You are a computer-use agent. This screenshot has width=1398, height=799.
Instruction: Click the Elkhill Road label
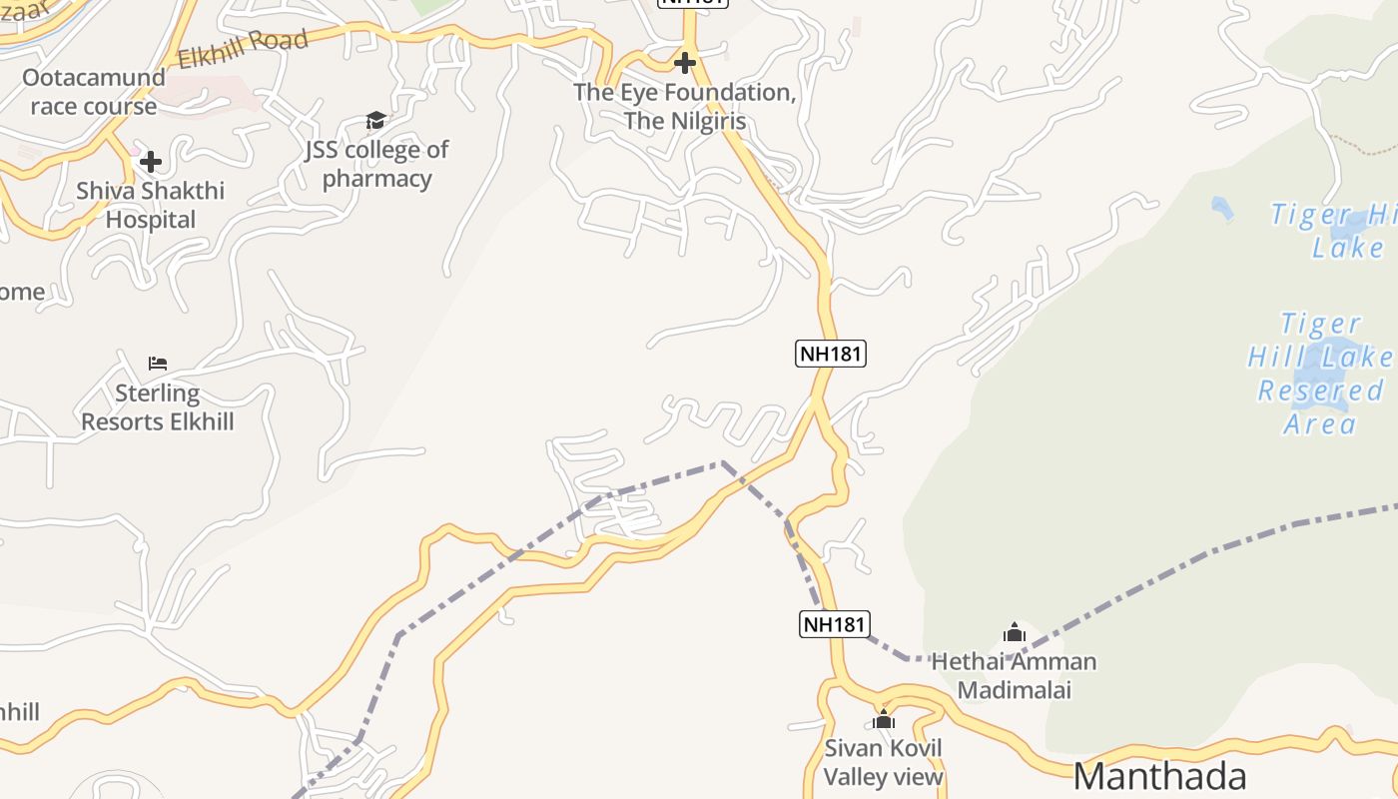(x=243, y=49)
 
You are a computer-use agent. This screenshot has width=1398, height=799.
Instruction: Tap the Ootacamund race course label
(x=94, y=92)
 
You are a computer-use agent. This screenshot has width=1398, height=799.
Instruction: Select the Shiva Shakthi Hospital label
(x=151, y=205)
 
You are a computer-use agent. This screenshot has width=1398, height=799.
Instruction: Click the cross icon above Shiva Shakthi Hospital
(x=151, y=161)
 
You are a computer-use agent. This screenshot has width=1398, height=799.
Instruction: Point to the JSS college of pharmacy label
(x=376, y=164)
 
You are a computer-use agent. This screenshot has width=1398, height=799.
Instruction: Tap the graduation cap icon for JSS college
(x=375, y=121)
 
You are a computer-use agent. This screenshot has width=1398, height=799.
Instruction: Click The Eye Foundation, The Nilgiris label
(x=684, y=107)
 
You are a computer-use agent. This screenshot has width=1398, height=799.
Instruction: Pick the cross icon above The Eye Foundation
(x=684, y=63)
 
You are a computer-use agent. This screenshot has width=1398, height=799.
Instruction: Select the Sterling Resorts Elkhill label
(x=158, y=407)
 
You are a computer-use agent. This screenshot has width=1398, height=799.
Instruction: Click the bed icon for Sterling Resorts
(x=158, y=363)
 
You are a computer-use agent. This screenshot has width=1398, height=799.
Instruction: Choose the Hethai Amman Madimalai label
(x=1014, y=675)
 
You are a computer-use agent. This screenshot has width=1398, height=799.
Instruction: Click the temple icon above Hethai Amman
(x=1015, y=632)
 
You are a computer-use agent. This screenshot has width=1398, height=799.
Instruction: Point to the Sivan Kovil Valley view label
(x=883, y=762)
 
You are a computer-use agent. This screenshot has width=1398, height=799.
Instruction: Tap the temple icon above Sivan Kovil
(x=883, y=719)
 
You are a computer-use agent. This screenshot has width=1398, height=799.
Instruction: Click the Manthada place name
(x=1159, y=776)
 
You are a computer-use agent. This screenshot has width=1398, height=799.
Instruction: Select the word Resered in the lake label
(x=1320, y=391)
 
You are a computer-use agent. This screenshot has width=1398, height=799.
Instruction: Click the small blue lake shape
(x=1221, y=208)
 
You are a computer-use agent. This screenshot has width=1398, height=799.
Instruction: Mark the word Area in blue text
(x=1320, y=423)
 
